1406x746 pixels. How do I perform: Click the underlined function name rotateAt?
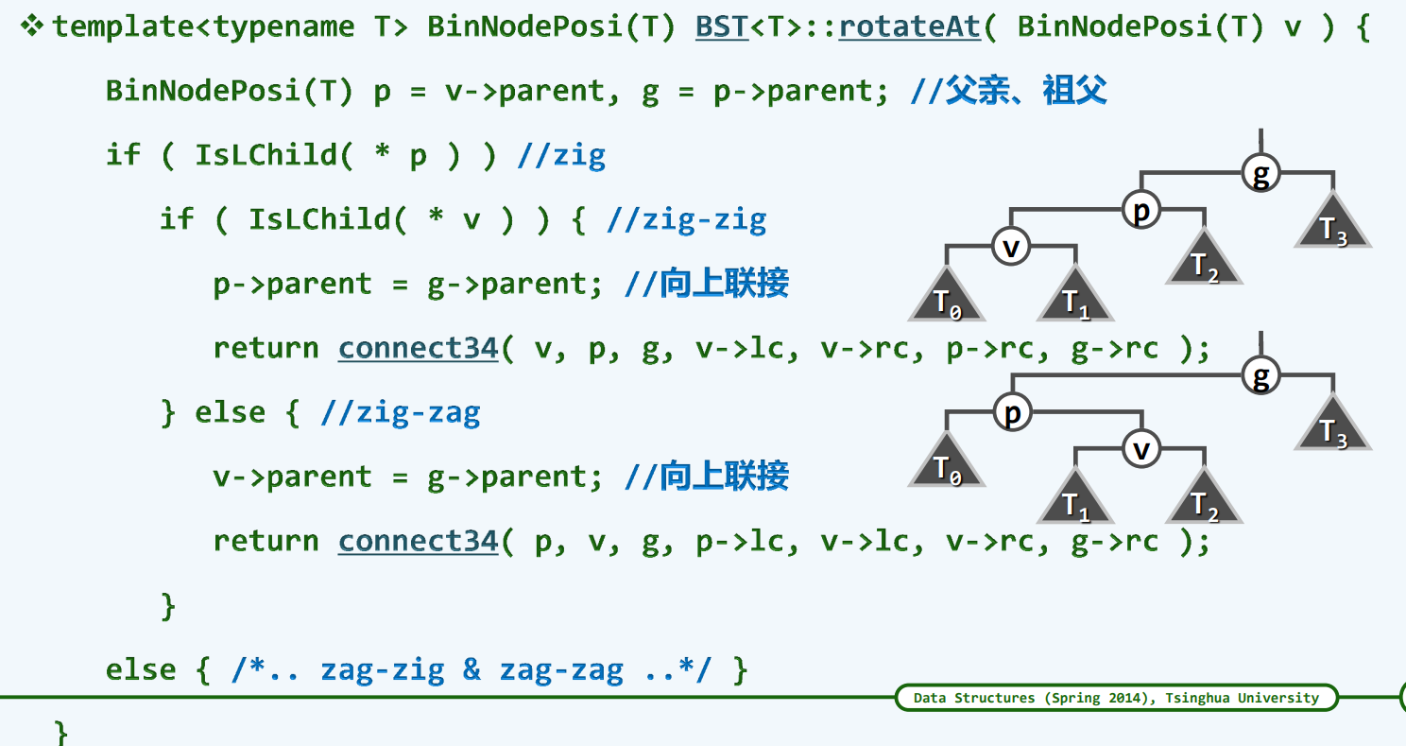pyautogui.click(x=909, y=26)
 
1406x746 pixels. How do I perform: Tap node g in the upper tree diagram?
pyautogui.click(x=1260, y=173)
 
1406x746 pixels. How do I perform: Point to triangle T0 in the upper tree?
pyautogui.click(x=947, y=300)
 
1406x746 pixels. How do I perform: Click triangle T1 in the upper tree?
pyautogui.click(x=1075, y=300)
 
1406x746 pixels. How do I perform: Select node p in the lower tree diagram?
pyautogui.click(x=1012, y=413)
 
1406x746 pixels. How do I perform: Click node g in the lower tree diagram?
pyautogui.click(x=1260, y=375)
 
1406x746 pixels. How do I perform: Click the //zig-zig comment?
pyautogui.click(x=686, y=220)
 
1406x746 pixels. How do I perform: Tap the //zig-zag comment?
pyautogui.click(x=401, y=413)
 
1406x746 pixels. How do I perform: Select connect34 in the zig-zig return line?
pyautogui.click(x=418, y=349)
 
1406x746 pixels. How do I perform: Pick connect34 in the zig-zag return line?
pyautogui.click(x=418, y=542)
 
